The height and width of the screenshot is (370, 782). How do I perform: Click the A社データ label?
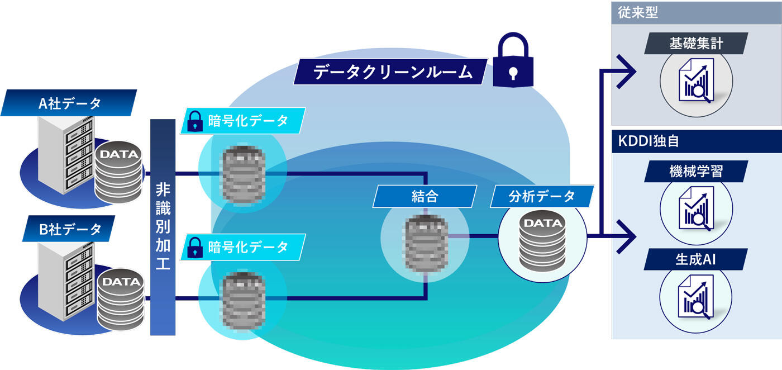pos(69,103)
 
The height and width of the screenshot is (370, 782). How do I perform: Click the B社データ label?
pos(69,229)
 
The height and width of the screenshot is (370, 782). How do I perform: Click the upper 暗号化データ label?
pos(242,121)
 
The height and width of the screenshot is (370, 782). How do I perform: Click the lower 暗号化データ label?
pos(242,246)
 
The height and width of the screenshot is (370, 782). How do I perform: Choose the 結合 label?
pos(425,196)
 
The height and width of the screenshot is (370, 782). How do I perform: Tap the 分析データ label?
pos(541,196)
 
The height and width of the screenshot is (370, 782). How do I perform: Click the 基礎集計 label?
pos(696,44)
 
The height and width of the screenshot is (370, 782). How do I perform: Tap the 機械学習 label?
pos(695,171)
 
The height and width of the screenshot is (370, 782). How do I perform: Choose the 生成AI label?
pos(695,259)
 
